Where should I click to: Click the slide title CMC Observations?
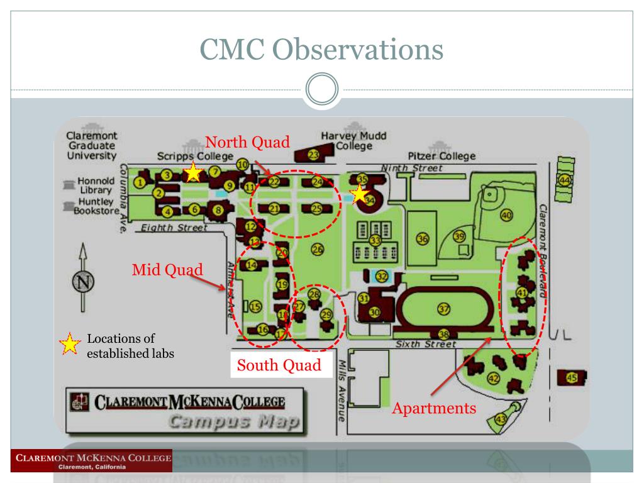click(x=322, y=50)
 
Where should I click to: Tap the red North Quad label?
click(x=247, y=142)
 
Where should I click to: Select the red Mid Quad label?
click(x=167, y=270)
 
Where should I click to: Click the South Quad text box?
click(x=279, y=365)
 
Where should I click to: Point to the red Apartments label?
click(x=434, y=408)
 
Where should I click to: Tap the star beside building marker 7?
click(x=193, y=172)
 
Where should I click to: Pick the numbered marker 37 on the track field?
click(x=444, y=309)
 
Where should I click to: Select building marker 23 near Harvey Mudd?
click(x=313, y=154)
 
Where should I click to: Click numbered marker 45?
click(x=572, y=378)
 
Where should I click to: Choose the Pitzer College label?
click(x=441, y=156)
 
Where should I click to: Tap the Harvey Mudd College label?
click(x=353, y=141)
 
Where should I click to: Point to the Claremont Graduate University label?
click(x=92, y=145)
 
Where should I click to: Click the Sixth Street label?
click(x=425, y=344)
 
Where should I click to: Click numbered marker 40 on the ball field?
click(x=506, y=216)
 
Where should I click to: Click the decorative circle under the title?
click(x=322, y=90)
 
